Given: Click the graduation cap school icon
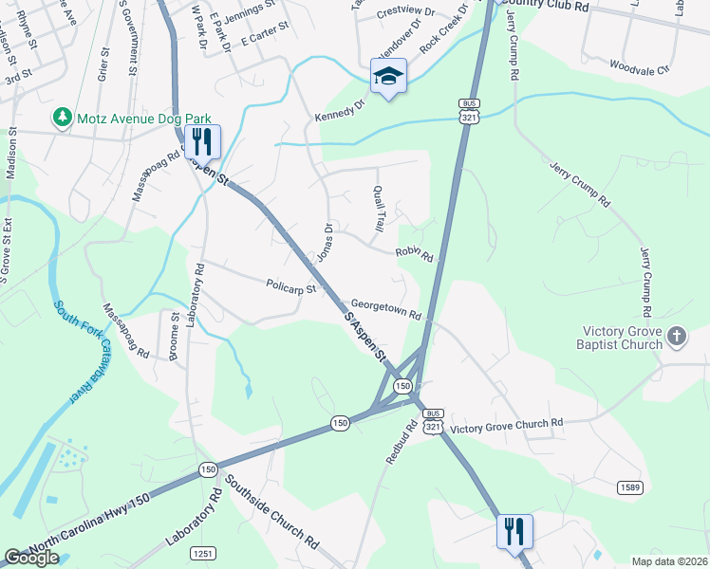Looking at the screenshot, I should (x=388, y=76).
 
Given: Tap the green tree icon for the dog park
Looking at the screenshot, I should (x=63, y=117).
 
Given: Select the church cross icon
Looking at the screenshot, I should (x=676, y=336).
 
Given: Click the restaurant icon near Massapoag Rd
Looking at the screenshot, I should (x=202, y=141).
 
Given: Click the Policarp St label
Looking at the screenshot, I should (x=290, y=285).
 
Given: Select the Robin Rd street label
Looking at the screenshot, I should (x=414, y=254).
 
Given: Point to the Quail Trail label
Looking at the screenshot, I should (x=379, y=209).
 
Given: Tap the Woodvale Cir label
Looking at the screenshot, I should (x=639, y=68).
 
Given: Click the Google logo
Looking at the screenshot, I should (x=31, y=558).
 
